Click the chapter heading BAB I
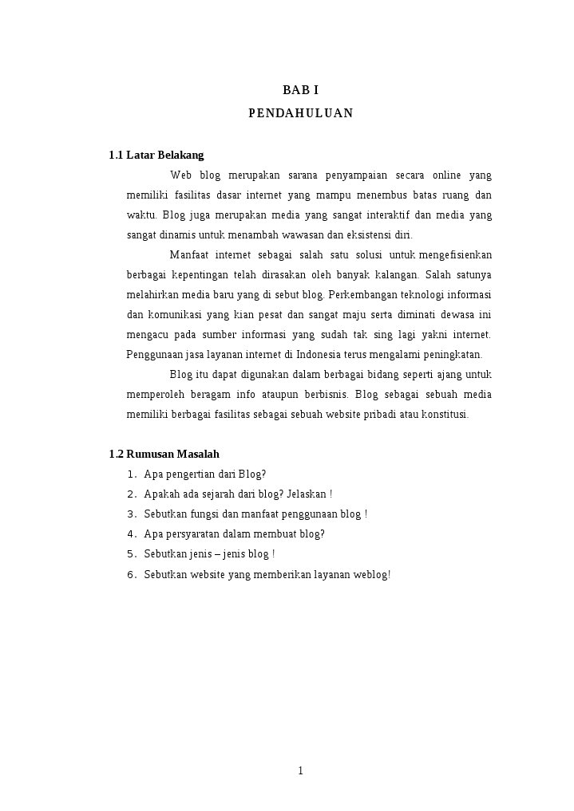click(300, 90)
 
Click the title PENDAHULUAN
click(300, 113)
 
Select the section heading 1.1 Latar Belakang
click(156, 155)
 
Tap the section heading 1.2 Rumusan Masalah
click(164, 454)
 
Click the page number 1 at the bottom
click(300, 770)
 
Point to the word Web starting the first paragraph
click(181, 175)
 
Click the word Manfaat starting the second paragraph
click(188, 254)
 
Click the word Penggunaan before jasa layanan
click(152, 354)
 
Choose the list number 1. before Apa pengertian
click(132, 474)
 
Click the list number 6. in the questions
click(132, 574)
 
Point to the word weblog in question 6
click(370, 574)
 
